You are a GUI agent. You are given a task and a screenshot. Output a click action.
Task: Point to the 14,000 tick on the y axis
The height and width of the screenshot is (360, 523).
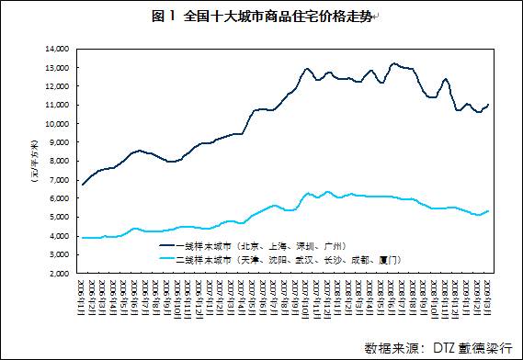tap(56, 49)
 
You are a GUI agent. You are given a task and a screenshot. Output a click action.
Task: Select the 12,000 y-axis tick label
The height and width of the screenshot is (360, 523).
tap(56, 86)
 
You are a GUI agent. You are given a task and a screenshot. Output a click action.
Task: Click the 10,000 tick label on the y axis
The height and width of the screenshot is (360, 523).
tap(56, 124)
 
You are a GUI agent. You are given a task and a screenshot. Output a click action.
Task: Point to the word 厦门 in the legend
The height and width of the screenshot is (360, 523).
tap(388, 260)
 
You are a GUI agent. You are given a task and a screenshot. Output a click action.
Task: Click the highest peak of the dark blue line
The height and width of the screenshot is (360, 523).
tap(394, 63)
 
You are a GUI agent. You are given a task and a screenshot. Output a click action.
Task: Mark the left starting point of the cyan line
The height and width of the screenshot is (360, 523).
tap(83, 238)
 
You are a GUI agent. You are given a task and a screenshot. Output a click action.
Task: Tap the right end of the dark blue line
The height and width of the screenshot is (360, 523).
tap(488, 105)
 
